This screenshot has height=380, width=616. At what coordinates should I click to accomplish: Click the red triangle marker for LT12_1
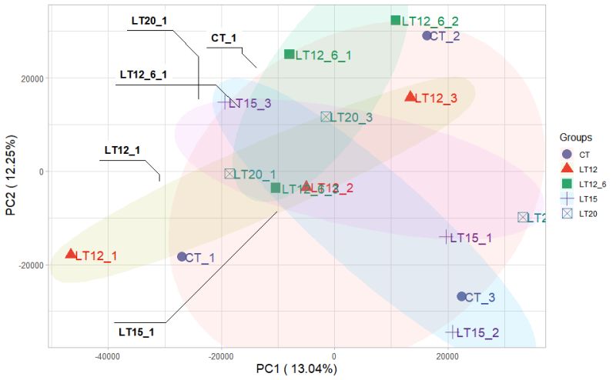click(x=71, y=254)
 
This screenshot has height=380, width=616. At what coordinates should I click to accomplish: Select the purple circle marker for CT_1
click(x=182, y=257)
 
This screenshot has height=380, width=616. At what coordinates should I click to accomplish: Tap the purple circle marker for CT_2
click(x=427, y=35)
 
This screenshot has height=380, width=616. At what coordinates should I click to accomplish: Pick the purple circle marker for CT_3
click(x=461, y=296)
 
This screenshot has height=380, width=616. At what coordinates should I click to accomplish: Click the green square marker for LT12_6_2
click(x=396, y=21)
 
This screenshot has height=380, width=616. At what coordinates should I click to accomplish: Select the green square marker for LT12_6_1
click(x=290, y=55)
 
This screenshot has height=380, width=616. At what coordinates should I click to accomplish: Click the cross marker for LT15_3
click(x=224, y=102)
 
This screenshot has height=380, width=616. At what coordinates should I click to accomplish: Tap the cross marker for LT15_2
click(x=451, y=332)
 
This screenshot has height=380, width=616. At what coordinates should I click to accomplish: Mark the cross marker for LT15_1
click(x=445, y=237)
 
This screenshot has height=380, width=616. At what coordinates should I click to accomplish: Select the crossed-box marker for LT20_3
click(x=326, y=117)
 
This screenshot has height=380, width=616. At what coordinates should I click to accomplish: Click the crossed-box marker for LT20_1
click(x=229, y=174)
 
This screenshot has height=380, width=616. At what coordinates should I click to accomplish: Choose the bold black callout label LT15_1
click(x=137, y=332)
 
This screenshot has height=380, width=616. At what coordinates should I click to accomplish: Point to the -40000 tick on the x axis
click(x=107, y=357)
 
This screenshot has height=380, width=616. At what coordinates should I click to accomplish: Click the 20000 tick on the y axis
click(x=31, y=78)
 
